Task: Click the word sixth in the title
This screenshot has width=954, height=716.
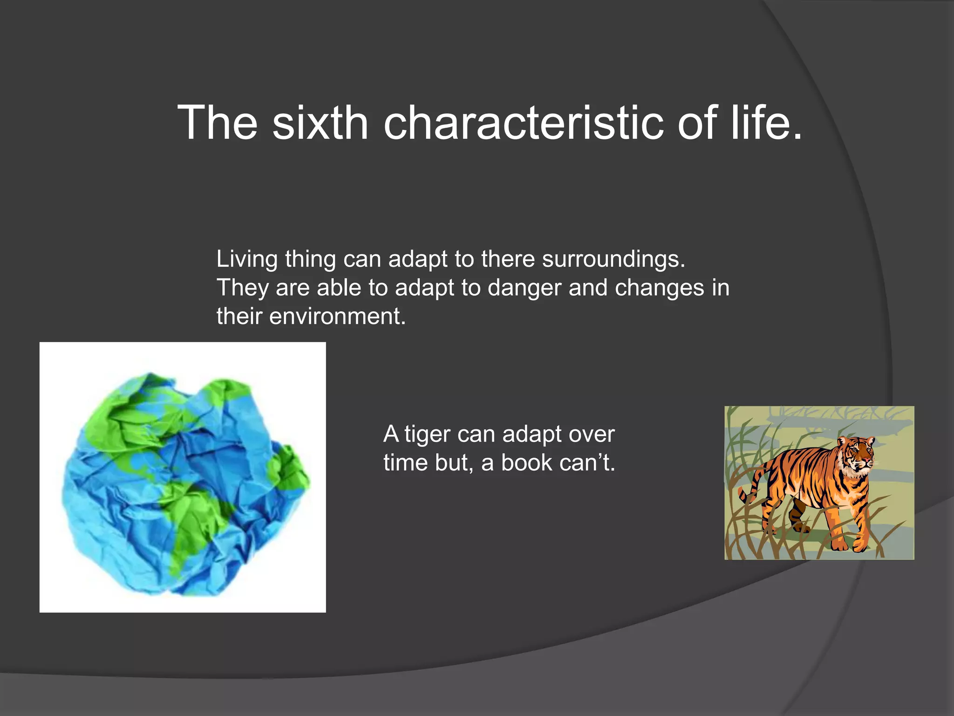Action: pos(320,123)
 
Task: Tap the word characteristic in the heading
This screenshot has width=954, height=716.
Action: pos(523,123)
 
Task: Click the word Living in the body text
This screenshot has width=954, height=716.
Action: pos(247,259)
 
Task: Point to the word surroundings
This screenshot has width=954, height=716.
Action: pos(613,259)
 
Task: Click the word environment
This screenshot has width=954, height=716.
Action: pos(337,317)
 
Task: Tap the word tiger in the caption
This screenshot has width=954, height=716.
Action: pos(427,434)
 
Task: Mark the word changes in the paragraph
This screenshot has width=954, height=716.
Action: pos(659,288)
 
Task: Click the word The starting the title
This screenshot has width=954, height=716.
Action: pos(218,123)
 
